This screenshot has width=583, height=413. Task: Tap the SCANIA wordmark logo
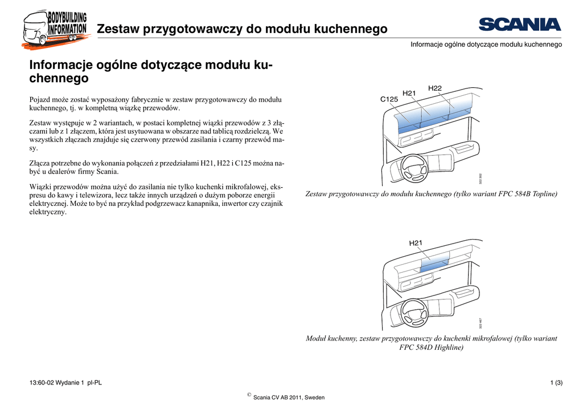click(520, 25)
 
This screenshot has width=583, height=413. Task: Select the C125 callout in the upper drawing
click(389, 99)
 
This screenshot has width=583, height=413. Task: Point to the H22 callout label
click(435, 88)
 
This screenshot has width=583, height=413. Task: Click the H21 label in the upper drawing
click(409, 93)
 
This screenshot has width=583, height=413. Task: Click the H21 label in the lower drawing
click(416, 244)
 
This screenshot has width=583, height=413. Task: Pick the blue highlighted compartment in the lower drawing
click(434, 263)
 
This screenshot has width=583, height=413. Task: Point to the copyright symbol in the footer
click(249, 395)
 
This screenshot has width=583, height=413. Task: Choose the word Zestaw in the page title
click(118, 29)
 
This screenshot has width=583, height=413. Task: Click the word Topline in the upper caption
click(543, 195)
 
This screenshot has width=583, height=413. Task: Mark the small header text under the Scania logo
click(486, 44)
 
